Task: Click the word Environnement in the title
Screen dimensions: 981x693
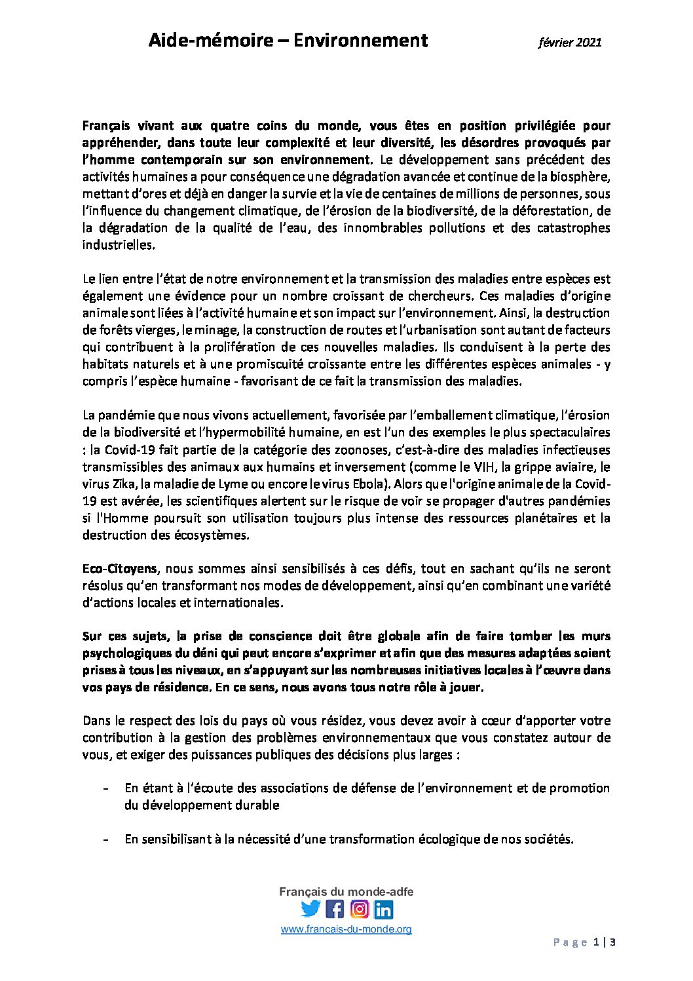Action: coord(360,41)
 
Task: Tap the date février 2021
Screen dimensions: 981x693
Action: coord(569,43)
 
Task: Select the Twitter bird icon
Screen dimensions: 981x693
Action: coord(310,909)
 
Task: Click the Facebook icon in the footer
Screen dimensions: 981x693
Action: coord(335,909)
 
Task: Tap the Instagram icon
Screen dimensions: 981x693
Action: coord(359,909)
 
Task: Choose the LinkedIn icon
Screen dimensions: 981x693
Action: coord(383,910)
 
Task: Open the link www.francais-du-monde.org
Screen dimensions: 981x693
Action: coord(346,929)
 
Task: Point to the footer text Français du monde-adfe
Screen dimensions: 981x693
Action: coord(346,892)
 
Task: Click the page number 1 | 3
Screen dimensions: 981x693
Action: coord(604,943)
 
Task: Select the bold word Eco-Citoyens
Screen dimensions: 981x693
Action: coord(119,569)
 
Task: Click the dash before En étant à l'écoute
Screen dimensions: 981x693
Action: coord(105,788)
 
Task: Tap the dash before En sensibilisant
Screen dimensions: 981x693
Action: coord(105,839)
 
